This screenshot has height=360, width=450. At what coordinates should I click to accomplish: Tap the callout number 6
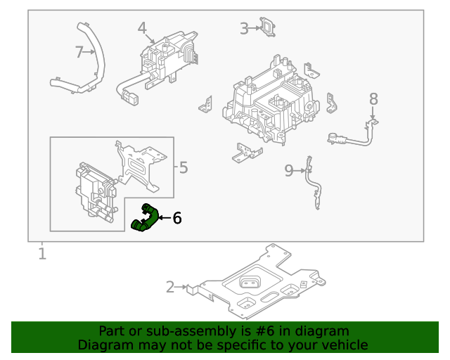click(177, 219)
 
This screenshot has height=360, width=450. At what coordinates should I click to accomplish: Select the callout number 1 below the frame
click(42, 253)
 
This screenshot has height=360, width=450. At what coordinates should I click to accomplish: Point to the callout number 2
click(171, 286)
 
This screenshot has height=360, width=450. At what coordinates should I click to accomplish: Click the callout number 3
click(244, 28)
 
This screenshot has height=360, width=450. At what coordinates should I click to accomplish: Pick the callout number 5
click(183, 167)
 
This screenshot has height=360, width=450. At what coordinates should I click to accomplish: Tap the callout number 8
click(373, 99)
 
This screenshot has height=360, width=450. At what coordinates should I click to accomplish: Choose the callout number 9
click(289, 170)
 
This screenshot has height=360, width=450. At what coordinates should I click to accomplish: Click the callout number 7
click(79, 51)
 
